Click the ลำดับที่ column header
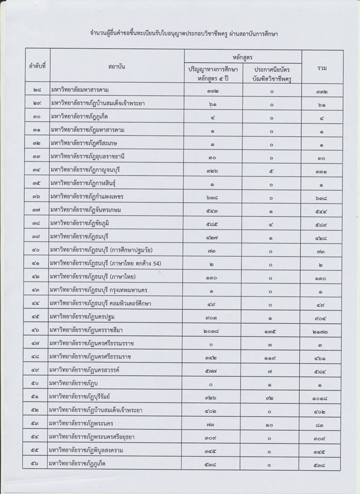pyautogui.click(x=37, y=66)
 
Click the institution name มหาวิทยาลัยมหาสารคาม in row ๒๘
pyautogui.click(x=79, y=90)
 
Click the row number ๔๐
pyautogui.click(x=37, y=250)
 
